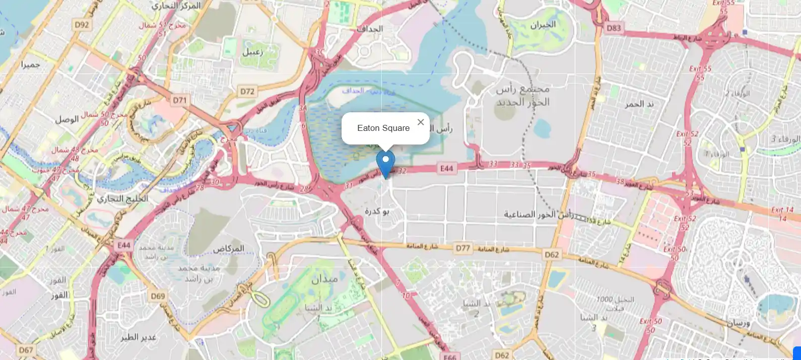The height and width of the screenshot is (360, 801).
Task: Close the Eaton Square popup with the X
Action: coord(421,122)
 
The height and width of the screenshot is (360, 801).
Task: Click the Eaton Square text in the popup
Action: coord(383,128)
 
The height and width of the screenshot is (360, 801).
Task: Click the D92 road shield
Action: coord(82,25)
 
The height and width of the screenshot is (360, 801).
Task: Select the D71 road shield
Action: coord(180,100)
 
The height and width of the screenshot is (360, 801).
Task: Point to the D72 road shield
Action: coord(247,91)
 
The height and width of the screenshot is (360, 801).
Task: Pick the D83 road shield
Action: coord(614,28)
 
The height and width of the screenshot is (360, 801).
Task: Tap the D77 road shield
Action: coord(462,248)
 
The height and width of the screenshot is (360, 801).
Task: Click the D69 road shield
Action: coord(158,296)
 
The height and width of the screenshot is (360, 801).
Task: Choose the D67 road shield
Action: coord(26,350)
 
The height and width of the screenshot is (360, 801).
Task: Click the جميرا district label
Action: coord(30,64)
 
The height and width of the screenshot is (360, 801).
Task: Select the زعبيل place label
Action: coord(252,52)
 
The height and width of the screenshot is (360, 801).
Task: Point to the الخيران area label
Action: coord(543,24)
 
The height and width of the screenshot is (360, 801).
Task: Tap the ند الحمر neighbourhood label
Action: coord(639,104)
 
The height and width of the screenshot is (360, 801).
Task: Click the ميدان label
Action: coord(324,279)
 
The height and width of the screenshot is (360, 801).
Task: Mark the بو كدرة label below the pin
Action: coord(377,211)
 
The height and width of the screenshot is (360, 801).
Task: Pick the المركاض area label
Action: coord(228,248)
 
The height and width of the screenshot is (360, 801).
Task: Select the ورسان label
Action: coord(738,322)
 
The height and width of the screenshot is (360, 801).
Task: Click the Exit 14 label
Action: coord(782,210)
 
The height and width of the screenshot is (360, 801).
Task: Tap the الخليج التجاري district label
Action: coord(122,198)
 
